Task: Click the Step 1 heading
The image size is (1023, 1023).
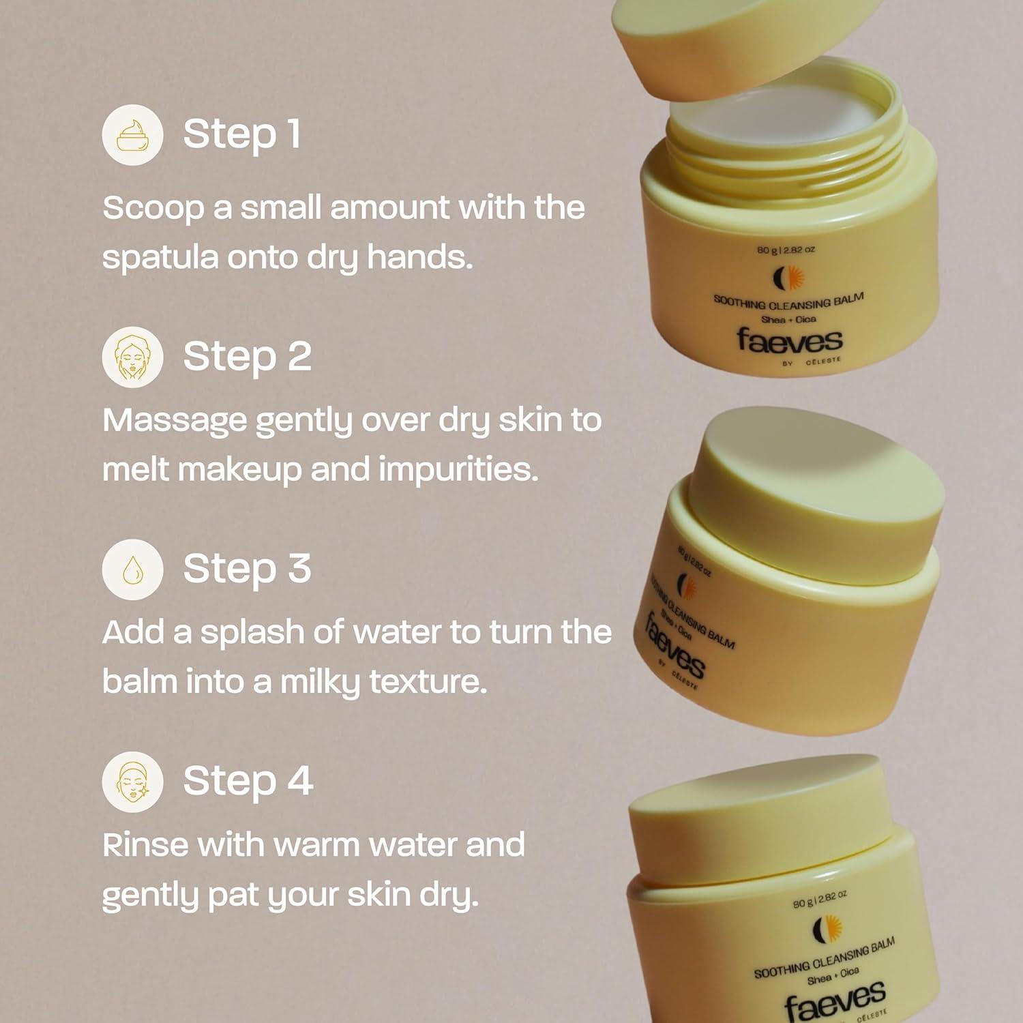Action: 241,134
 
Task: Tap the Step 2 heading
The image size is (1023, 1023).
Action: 247,357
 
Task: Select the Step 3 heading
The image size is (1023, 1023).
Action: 247,569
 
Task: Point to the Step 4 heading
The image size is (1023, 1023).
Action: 248,781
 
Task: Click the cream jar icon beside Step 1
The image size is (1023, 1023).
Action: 132,134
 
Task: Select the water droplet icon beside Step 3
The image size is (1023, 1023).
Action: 132,569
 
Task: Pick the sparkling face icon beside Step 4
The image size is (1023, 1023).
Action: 132,782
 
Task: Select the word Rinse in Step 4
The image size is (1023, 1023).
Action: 144,845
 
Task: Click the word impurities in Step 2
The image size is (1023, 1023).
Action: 458,471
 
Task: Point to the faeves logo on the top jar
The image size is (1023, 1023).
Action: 789,340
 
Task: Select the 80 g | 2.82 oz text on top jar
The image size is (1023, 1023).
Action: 786,250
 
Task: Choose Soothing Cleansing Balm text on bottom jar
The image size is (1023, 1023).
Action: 824,958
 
